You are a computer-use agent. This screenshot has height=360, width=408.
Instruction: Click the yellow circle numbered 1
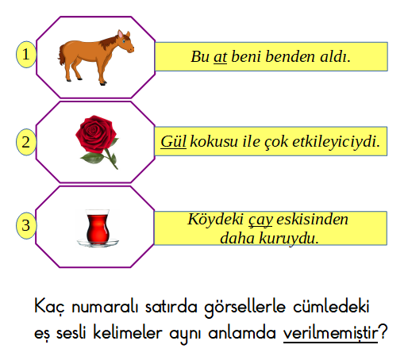26,55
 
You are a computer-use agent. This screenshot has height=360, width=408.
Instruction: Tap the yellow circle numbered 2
26,142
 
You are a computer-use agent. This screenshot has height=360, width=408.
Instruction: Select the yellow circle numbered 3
26,225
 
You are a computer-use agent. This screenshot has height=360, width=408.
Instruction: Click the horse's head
125,41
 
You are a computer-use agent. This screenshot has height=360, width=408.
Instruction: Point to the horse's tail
62,56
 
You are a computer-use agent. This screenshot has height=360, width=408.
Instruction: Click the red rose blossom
96,133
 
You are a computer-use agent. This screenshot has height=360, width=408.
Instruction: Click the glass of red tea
98,227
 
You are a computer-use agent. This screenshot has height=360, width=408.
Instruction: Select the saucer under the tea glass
98,243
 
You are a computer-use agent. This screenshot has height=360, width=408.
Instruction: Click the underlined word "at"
220,57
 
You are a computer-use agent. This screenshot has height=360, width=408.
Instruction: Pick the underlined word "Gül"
174,141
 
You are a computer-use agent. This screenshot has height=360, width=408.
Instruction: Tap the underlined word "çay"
260,220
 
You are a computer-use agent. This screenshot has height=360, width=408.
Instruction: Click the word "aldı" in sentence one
335,56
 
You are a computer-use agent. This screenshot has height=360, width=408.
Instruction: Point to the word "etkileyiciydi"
336,142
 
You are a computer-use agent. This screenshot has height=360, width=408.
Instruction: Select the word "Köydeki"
216,220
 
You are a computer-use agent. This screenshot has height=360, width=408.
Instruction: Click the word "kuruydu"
289,239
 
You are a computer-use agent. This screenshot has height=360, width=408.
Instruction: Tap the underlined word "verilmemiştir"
330,333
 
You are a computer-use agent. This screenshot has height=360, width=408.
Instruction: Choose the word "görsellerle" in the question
245,308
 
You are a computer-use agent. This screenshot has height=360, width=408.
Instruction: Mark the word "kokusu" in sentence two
214,142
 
